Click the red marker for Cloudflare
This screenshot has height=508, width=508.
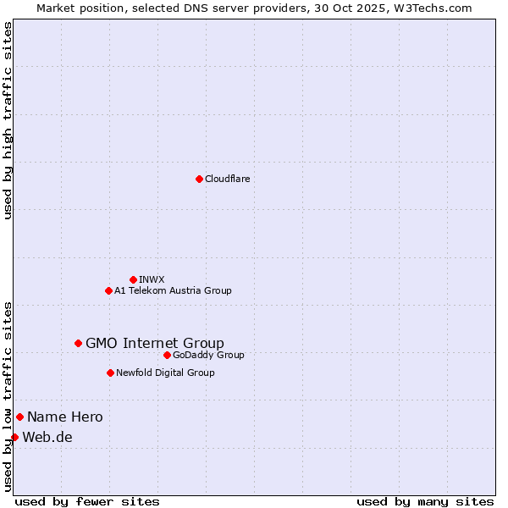[x=199, y=179]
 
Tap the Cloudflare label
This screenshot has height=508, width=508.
[x=227, y=179]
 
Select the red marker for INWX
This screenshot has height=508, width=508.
[x=133, y=279]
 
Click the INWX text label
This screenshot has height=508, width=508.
[x=152, y=279]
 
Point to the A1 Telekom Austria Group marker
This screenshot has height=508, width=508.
[x=108, y=290]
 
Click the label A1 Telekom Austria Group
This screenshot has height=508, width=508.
[x=173, y=290]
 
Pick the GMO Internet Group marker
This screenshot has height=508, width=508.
[x=78, y=343]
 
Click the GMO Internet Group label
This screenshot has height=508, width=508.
[x=155, y=343]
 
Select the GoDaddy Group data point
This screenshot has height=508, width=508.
[x=167, y=355]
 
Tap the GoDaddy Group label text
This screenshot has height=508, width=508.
[x=208, y=355]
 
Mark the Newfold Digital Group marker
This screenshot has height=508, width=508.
[x=110, y=373]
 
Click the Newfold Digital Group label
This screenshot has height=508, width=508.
[x=165, y=373]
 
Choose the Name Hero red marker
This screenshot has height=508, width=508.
[x=19, y=417]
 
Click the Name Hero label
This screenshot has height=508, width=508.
[x=65, y=417]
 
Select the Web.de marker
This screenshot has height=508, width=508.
[x=14, y=437]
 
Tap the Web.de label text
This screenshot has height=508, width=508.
[x=47, y=437]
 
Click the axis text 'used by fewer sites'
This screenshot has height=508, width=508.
[x=87, y=501]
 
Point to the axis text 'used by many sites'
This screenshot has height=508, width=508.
[x=425, y=501]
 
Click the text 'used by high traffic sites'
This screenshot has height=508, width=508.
[x=8, y=121]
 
